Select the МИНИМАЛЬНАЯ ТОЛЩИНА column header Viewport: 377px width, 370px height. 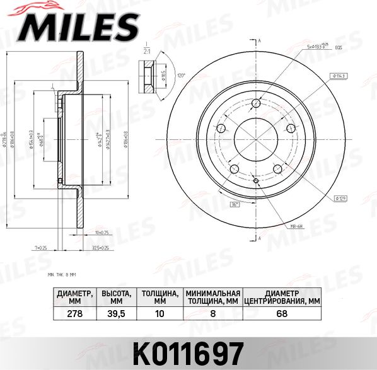[x=213, y=297]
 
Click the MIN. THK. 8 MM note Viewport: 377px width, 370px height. [x=62, y=275]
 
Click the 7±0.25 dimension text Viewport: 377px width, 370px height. [x=42, y=248]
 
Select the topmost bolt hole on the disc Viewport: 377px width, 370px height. [x=256, y=104]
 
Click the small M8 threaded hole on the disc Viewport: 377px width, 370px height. [x=256, y=181]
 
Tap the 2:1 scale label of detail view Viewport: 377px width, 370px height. [x=148, y=50]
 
